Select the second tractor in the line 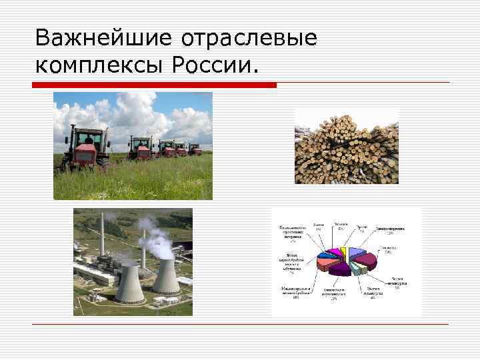pos(141,147)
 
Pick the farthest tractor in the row pos(195,149)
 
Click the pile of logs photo pos(346,149)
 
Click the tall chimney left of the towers pos(103,237)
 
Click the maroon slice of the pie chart pos(340,269)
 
